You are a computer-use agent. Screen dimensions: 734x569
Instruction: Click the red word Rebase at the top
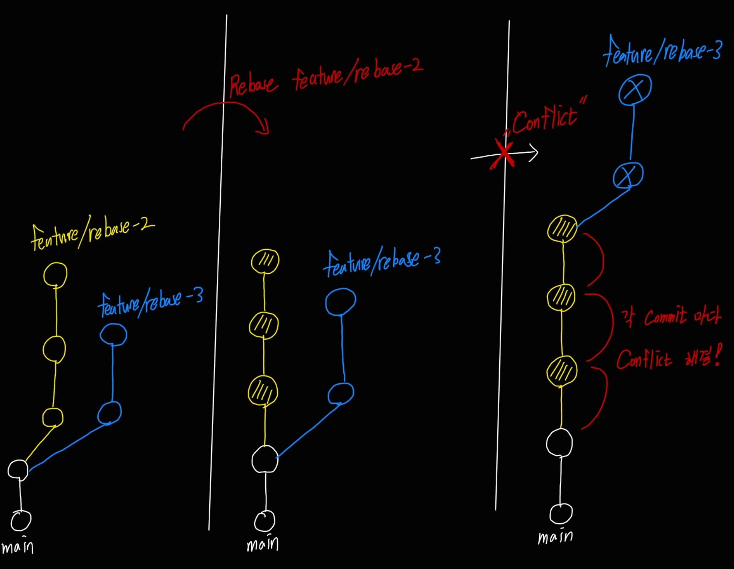pos(252,85)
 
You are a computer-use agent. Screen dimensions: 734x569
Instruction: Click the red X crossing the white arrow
pos(503,154)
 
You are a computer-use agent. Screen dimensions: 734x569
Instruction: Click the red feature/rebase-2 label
pos(357,75)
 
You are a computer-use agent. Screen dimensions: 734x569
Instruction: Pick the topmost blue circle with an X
pos(635,89)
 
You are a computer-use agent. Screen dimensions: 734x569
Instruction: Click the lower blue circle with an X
pos(628,175)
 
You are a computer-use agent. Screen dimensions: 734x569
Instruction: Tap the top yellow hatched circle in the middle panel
pos(265,261)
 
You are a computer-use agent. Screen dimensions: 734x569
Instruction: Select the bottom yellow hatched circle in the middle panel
pos(263,391)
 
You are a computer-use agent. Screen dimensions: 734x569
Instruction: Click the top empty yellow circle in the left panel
pos(55,275)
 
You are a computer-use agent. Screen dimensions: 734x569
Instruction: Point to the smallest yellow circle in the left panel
pos(52,417)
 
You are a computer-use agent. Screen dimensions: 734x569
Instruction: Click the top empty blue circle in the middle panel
pos(340,302)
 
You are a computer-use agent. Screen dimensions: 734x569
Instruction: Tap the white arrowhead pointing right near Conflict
pos(534,152)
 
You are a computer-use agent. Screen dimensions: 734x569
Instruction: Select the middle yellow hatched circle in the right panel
pos(561,298)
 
